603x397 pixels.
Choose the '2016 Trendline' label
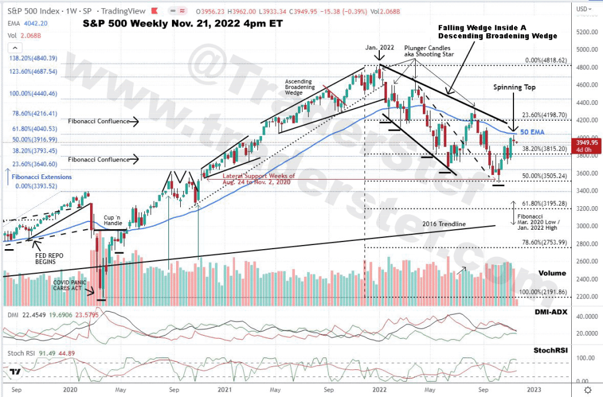point(445,224)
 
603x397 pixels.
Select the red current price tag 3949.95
point(587,142)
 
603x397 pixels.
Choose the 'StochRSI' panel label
point(552,350)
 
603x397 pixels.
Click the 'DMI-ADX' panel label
point(551,312)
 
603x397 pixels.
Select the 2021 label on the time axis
point(224,389)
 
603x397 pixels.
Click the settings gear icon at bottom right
point(587,389)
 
